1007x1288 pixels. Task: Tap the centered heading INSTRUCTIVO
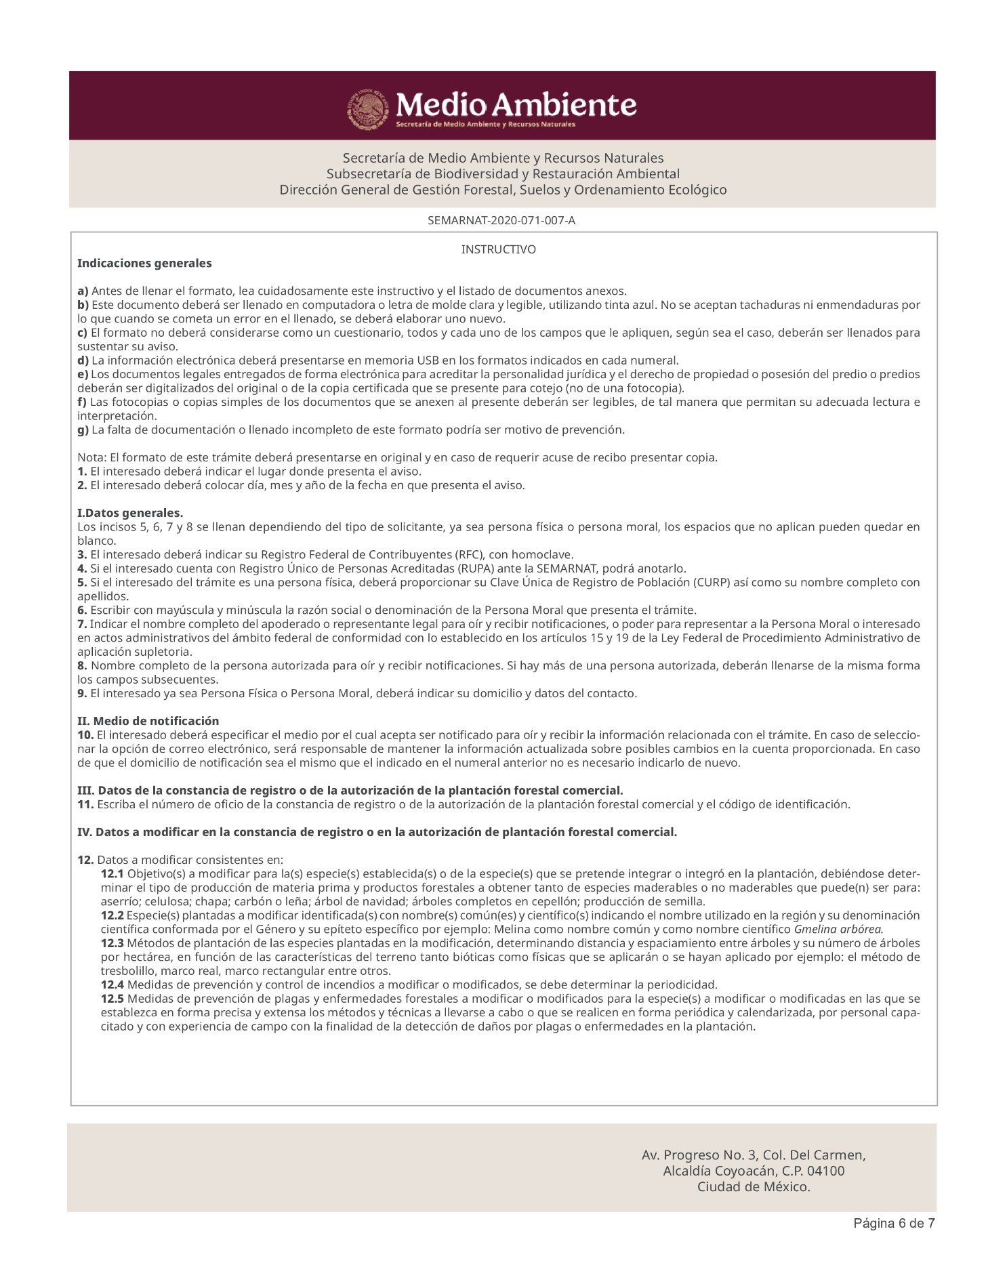(x=498, y=250)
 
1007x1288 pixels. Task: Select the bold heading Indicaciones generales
(x=144, y=263)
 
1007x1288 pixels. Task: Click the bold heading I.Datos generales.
(x=130, y=512)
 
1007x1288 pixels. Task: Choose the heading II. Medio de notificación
(x=148, y=721)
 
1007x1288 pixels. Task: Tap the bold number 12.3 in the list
(x=112, y=943)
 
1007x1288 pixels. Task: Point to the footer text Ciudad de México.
(x=754, y=1187)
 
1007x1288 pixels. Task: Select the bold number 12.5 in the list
(x=112, y=999)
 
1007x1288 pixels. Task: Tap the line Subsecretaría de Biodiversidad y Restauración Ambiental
(x=503, y=174)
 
